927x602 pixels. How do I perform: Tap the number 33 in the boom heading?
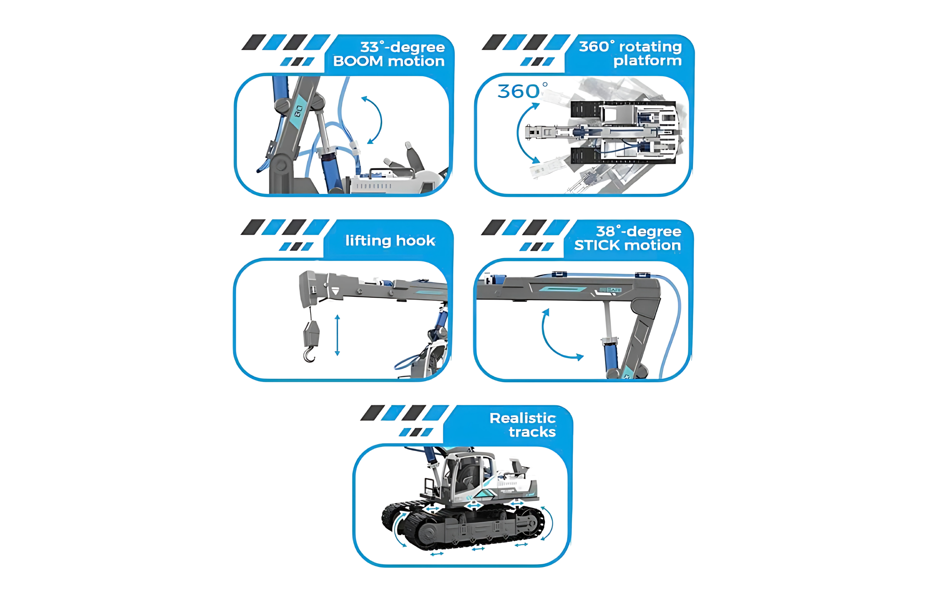pos(369,47)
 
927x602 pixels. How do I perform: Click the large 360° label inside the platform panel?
pos(522,91)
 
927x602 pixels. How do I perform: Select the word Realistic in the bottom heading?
pos(522,418)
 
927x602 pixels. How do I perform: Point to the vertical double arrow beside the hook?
pos(337,335)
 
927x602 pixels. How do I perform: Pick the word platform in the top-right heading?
pos(647,61)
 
